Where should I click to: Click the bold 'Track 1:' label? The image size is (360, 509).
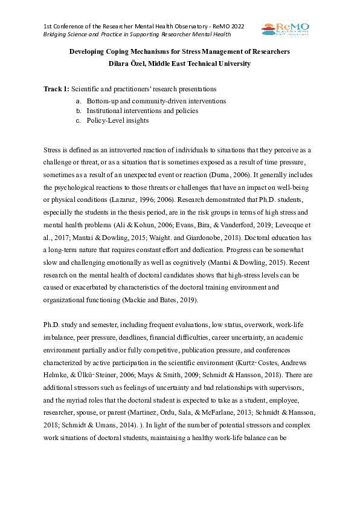point(57,89)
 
